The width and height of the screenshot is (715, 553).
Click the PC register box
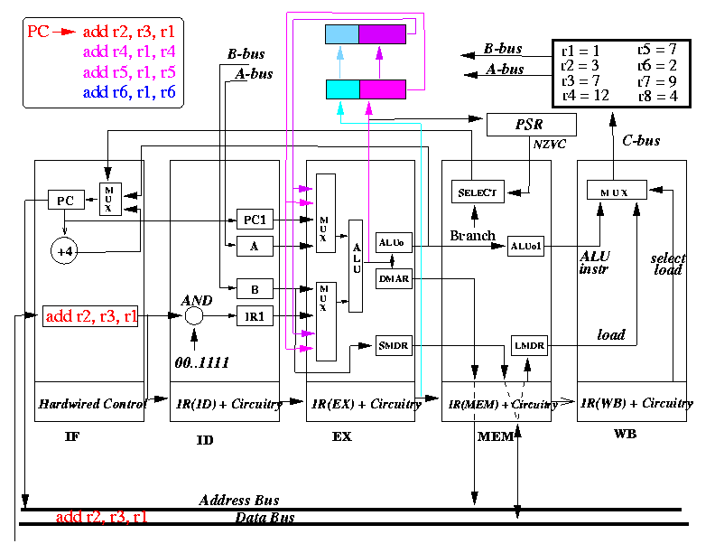point(66,200)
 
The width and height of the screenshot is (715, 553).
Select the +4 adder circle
point(64,251)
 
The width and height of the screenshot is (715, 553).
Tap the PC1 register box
point(255,220)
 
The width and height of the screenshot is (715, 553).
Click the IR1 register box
point(255,315)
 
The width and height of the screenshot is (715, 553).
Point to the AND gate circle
point(194,315)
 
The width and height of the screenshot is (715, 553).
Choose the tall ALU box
point(356,266)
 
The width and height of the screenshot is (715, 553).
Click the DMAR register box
point(394,278)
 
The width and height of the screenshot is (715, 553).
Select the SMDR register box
point(394,345)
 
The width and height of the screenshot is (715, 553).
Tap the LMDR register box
point(529,345)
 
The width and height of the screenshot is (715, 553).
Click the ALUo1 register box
point(525,246)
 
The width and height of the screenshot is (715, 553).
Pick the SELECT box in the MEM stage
point(478,192)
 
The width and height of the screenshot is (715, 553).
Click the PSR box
point(532,125)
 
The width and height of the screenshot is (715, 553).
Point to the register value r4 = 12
point(586,96)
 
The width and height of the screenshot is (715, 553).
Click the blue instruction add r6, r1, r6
point(129,92)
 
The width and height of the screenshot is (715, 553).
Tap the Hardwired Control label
point(92,404)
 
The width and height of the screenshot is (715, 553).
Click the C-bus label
point(641,141)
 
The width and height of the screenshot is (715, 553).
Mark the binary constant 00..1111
point(201,362)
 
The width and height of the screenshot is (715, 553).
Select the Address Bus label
point(239,500)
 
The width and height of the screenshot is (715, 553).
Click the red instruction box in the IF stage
point(90,316)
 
